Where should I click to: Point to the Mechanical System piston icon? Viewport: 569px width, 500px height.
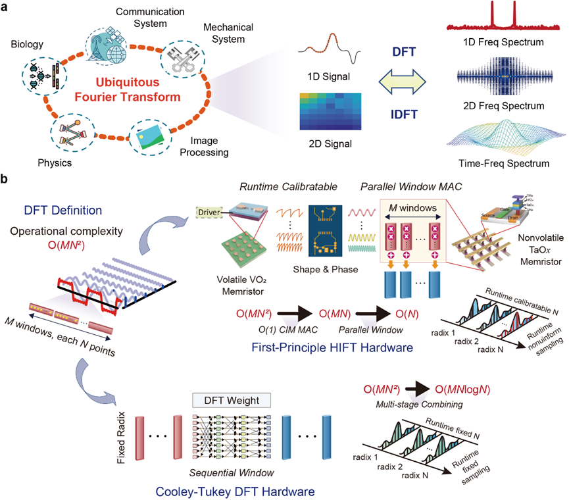[x=180, y=59]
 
